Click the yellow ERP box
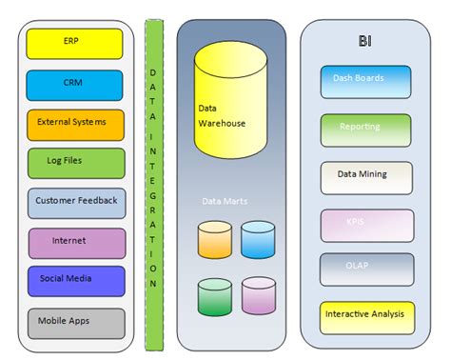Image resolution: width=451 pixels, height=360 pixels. click(x=75, y=44)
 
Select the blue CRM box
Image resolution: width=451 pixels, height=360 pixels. click(x=75, y=84)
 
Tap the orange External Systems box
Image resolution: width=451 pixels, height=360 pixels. click(x=75, y=124)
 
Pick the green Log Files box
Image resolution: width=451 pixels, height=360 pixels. click(x=75, y=163)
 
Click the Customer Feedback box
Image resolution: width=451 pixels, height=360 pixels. click(x=75, y=202)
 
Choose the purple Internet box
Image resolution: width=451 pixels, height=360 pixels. click(x=75, y=242)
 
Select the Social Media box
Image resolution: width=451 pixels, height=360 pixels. click(x=75, y=281)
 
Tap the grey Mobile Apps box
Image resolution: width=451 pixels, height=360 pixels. click(x=75, y=322)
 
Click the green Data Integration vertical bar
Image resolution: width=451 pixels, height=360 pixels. click(x=153, y=181)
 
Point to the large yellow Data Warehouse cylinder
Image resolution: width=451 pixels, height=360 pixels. click(x=229, y=100)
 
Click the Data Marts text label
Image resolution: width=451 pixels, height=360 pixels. click(x=225, y=201)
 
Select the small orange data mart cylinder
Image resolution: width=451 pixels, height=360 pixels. click(x=215, y=240)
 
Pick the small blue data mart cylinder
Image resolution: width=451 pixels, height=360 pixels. click(x=258, y=240)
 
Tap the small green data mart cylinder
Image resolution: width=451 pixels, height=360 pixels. click(x=215, y=296)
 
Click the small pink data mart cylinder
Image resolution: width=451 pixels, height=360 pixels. click(x=258, y=296)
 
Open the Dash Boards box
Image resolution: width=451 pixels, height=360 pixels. click(x=366, y=81)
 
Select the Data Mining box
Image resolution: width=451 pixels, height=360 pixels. click(x=366, y=176)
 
